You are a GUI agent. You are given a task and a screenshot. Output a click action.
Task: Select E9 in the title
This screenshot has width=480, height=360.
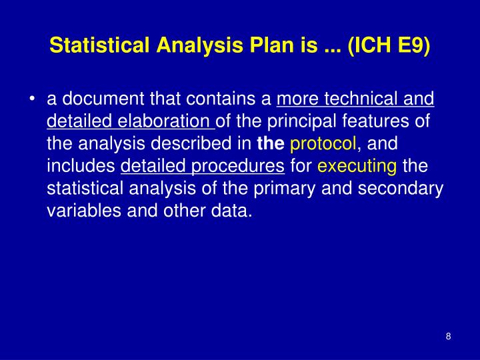411,47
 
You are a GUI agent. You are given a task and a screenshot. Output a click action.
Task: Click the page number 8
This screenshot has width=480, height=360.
449,336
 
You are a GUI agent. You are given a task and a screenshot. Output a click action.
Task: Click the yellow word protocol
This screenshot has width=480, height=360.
324,143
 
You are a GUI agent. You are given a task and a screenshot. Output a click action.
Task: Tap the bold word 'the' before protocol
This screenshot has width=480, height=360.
271,143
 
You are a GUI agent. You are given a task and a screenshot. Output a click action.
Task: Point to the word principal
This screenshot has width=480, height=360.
300,121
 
